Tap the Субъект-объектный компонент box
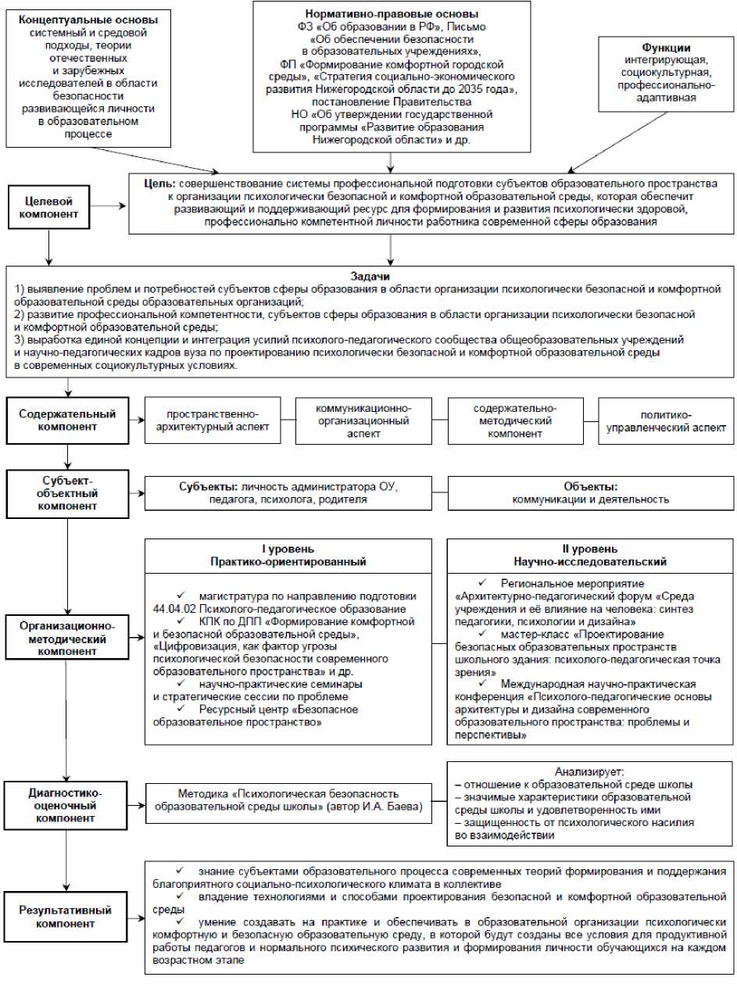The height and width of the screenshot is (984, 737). click(67, 491)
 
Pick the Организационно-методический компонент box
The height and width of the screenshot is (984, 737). click(67, 639)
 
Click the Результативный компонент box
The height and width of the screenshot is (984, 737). click(67, 917)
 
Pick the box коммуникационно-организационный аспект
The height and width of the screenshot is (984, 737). click(363, 420)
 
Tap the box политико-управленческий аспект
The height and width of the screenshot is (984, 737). click(667, 420)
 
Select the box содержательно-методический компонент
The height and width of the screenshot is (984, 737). click(515, 420)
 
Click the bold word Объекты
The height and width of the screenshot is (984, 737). click(590, 485)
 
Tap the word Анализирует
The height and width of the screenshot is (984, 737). click(590, 771)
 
